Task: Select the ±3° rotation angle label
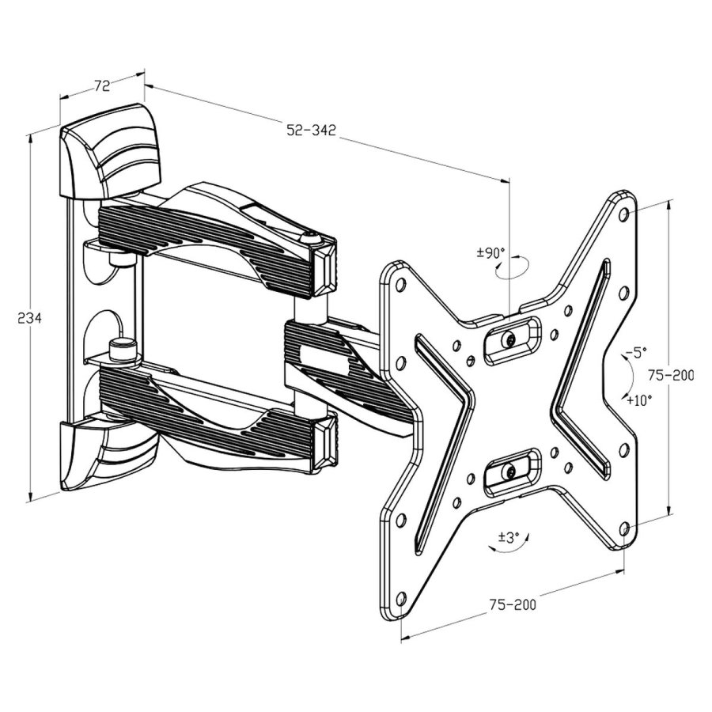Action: (x=508, y=537)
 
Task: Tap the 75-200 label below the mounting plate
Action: (x=511, y=604)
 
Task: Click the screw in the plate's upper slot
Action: (x=510, y=339)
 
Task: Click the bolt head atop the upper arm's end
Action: (x=311, y=235)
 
